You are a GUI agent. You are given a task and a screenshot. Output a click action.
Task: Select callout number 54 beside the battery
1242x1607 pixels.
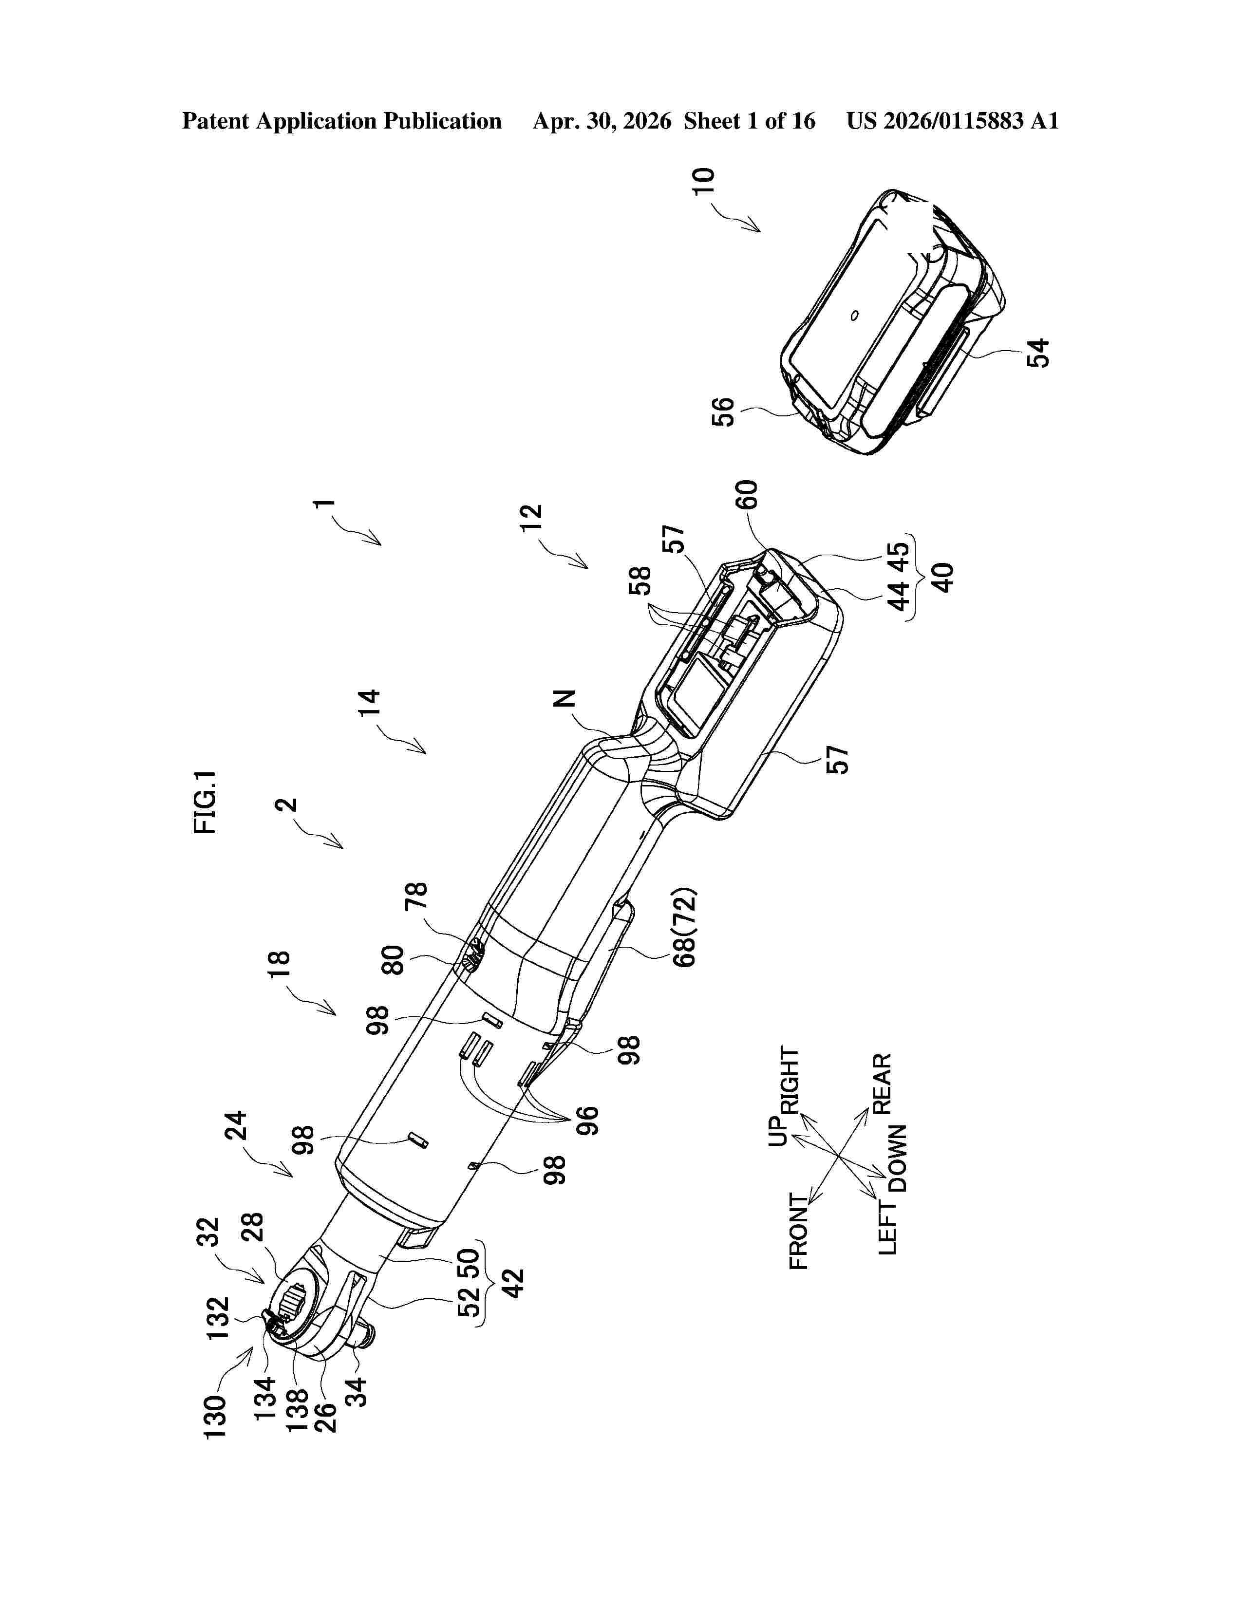(1038, 353)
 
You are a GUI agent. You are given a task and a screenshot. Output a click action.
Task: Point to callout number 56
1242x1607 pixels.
(724, 412)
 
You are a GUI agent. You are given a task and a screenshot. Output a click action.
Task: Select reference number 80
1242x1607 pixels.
(395, 960)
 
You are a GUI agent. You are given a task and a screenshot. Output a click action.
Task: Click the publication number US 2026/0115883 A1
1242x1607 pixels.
(952, 121)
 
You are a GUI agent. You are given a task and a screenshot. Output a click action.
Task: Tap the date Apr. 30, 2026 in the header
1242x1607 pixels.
(602, 121)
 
